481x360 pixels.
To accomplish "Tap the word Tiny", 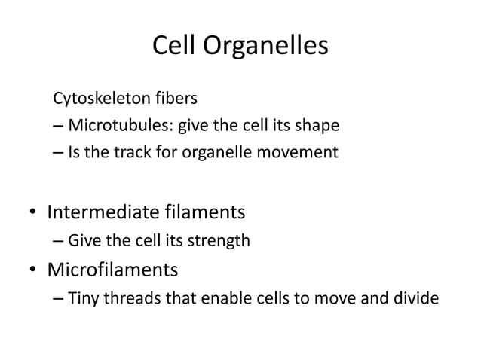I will coord(83,297).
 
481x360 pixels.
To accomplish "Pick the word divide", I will coord(415,297).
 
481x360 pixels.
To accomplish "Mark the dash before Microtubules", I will coord(59,126).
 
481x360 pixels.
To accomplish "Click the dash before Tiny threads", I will coord(59,298).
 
